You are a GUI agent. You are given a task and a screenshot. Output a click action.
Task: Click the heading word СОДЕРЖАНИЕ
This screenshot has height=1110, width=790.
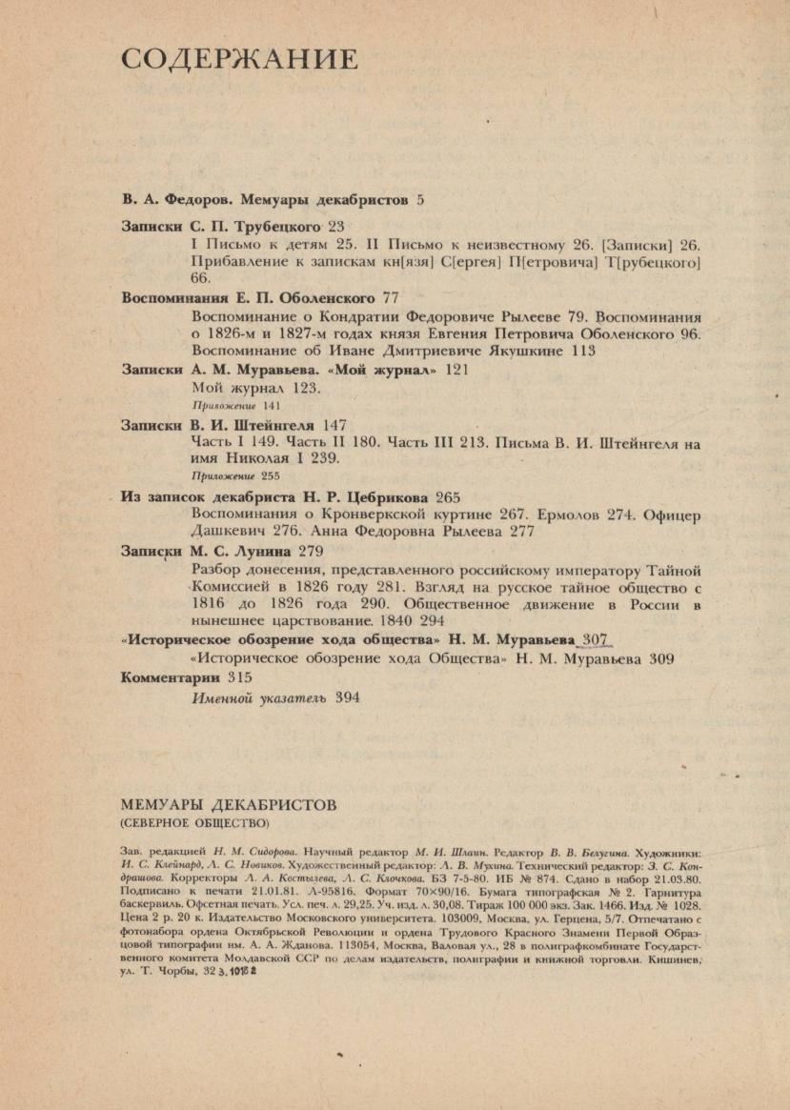239,60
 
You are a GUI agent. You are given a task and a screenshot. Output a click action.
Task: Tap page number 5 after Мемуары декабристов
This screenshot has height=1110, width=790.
420,201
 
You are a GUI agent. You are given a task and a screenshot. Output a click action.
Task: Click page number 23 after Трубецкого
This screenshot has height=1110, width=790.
336,228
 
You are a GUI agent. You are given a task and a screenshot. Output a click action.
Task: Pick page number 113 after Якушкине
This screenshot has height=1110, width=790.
581,351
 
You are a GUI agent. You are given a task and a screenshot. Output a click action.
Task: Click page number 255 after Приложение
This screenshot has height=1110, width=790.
271,476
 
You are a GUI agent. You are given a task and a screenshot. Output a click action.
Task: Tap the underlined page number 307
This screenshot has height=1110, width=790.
595,639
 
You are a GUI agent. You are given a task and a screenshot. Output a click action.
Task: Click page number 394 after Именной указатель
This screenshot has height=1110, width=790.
347,697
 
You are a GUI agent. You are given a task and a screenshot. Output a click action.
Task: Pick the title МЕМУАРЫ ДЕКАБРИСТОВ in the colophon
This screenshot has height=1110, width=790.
229,805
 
